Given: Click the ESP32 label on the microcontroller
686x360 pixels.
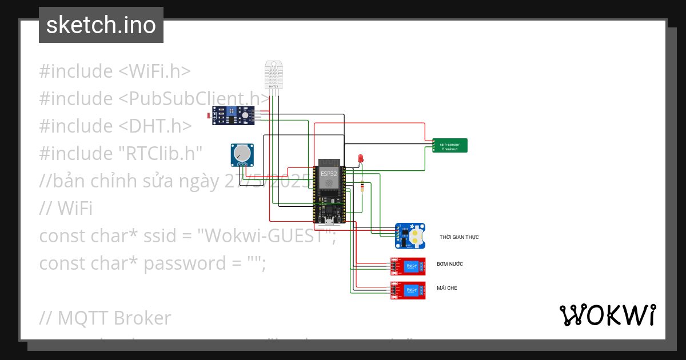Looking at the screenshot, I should point(329,173).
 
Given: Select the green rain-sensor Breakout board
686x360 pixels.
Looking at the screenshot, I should point(450,146).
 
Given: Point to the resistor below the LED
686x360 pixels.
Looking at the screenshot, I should point(362,185).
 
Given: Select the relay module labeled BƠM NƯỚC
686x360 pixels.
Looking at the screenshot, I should point(409,267).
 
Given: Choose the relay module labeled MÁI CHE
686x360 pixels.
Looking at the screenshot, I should point(409,291).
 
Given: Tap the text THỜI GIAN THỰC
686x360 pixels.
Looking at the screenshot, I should point(459,237).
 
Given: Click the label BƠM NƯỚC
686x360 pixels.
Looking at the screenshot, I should point(449,264).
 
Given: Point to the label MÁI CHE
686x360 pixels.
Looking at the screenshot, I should point(446,288).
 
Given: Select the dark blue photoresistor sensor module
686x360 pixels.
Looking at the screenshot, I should point(234,115).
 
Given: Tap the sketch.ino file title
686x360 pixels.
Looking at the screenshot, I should point(101,25).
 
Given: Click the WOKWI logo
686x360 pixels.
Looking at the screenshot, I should point(607,315).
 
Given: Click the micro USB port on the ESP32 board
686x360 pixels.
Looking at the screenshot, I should point(329,220).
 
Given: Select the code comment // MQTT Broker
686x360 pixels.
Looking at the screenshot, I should point(105,318).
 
